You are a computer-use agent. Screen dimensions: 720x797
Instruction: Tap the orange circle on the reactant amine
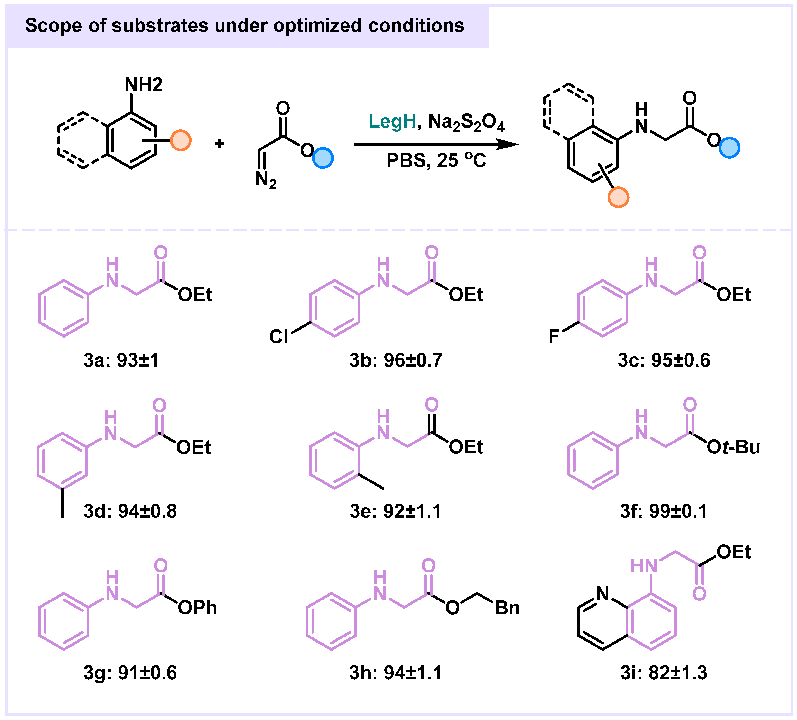tap(181, 140)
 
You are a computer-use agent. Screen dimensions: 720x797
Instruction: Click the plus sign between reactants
tap(219, 143)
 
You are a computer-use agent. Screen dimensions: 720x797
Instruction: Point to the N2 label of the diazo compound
tap(266, 180)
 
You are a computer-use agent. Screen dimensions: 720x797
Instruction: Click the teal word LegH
tap(392, 121)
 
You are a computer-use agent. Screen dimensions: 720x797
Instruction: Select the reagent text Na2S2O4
tap(466, 122)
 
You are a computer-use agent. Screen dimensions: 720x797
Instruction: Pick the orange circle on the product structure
tap(618, 197)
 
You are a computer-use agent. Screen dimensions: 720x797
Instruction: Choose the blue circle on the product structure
tap(729, 148)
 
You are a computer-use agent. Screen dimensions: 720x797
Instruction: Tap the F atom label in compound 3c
tap(554, 337)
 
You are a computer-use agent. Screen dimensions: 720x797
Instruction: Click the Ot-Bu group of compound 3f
tap(733, 447)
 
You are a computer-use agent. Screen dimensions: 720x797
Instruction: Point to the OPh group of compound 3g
tap(197, 608)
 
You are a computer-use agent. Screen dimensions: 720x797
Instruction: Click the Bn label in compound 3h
tap(507, 608)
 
